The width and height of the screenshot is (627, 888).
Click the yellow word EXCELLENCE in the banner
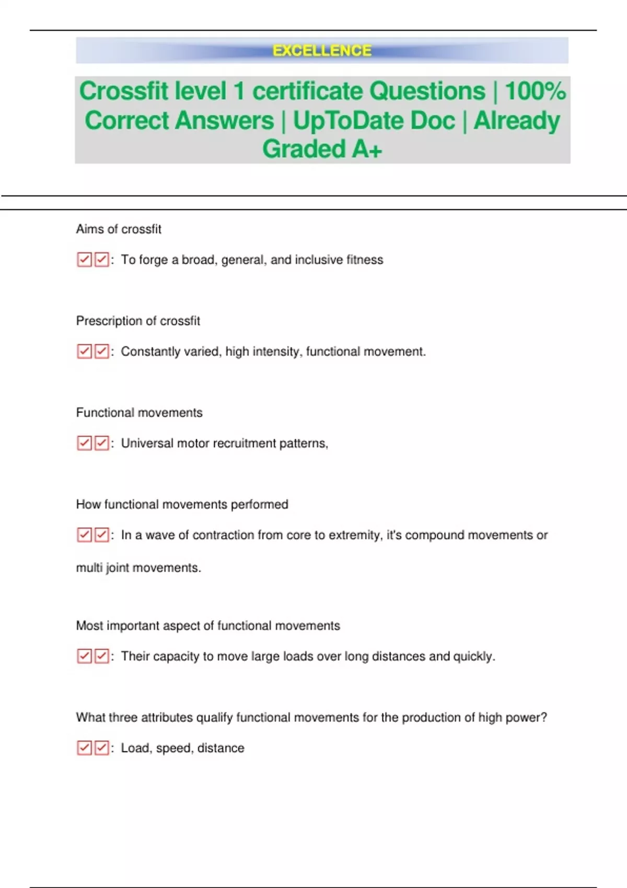[x=322, y=51]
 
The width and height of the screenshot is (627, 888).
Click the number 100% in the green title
[x=536, y=91]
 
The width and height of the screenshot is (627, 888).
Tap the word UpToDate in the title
[x=374, y=121]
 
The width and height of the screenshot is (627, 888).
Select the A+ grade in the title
[x=367, y=149]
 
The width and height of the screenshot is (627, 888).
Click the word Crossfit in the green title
[x=124, y=91]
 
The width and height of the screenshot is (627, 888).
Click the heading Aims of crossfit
[x=119, y=229]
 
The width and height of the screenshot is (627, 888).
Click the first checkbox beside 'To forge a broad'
[x=84, y=260]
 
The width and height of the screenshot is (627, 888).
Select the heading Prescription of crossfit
[x=138, y=321]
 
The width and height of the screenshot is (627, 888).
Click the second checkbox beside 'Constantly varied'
[x=101, y=352]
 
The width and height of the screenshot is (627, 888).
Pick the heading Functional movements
[x=139, y=413]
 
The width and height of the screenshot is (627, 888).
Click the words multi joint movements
[x=138, y=568]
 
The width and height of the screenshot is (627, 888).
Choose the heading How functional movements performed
[x=182, y=505]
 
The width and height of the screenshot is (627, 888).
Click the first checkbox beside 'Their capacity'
[x=84, y=656]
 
